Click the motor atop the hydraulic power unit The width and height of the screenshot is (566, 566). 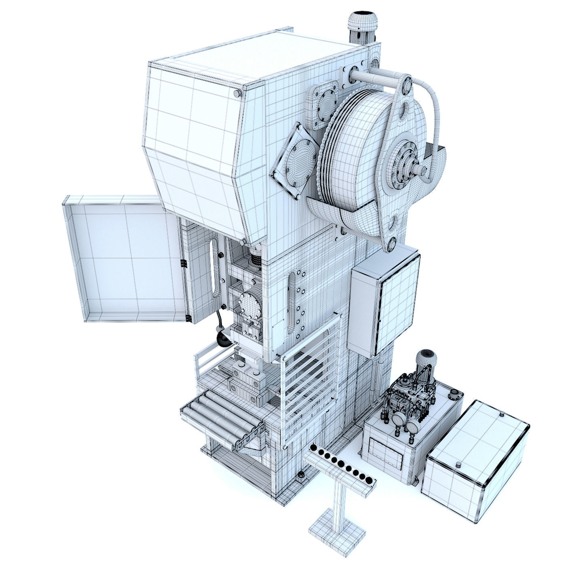coord(425,360)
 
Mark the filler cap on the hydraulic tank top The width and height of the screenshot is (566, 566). coord(456,394)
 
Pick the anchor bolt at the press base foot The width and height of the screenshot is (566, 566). coord(301,476)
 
